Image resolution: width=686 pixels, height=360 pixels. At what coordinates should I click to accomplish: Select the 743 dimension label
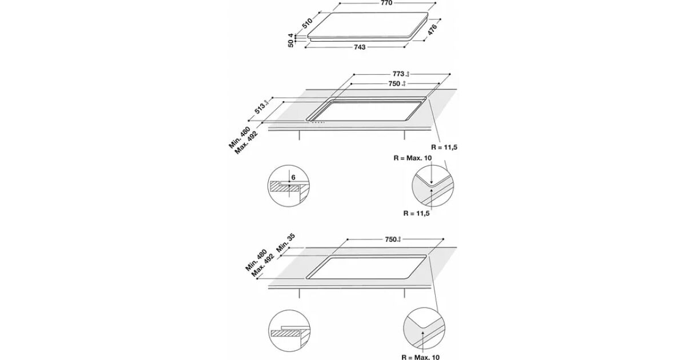[x=360, y=47]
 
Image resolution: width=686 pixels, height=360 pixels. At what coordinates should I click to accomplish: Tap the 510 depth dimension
[x=307, y=23]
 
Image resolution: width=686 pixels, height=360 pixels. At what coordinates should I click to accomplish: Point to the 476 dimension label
[x=432, y=30]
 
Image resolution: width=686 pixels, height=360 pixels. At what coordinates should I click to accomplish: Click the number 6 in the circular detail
[x=293, y=178]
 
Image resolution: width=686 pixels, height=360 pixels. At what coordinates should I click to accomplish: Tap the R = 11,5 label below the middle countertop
[x=445, y=147]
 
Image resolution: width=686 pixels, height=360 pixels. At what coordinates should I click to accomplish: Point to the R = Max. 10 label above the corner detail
[x=412, y=157]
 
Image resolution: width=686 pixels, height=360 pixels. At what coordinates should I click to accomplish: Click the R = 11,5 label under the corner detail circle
[x=416, y=213]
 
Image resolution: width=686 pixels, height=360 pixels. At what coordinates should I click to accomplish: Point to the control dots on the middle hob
[x=317, y=122]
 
